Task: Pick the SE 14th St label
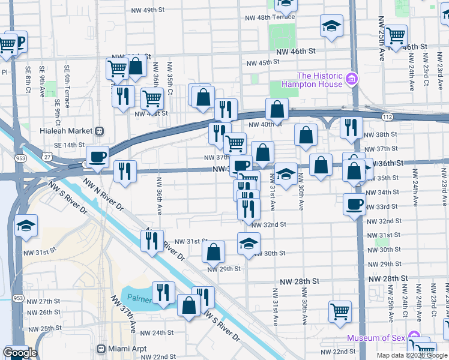tap(70, 145)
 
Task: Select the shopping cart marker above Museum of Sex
tap(340, 311)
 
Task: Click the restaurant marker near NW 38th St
tap(351, 127)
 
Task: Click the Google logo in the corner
tap(20, 353)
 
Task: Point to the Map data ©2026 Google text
tap(412, 355)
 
